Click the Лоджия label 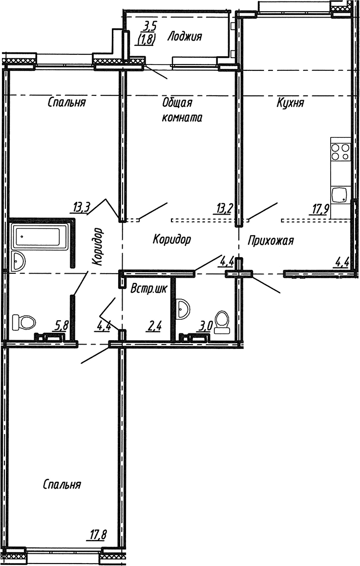[x=185, y=37]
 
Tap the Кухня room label [x=290, y=103]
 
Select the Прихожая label [x=271, y=240]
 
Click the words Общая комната [x=182, y=110]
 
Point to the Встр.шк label [x=149, y=288]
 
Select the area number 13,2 [x=224, y=208]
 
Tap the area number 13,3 [x=81, y=208]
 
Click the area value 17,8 [x=97, y=534]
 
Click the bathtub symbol [x=40, y=237]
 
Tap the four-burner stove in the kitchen [x=340, y=152]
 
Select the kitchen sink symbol [x=340, y=196]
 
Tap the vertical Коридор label [x=97, y=246]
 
